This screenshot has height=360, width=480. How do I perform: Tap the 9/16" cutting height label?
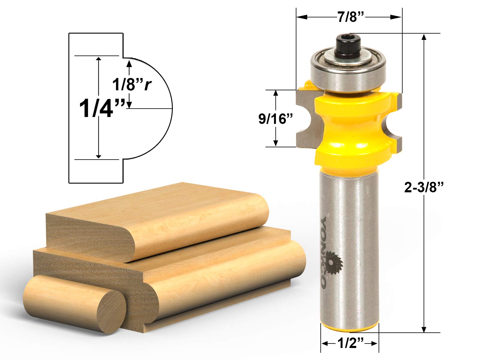coord(275,119)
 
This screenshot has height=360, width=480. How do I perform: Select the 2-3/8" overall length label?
coord(424,187)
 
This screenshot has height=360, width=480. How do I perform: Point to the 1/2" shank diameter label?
coord(350,343)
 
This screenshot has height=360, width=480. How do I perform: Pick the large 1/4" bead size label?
coord(102,108)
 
